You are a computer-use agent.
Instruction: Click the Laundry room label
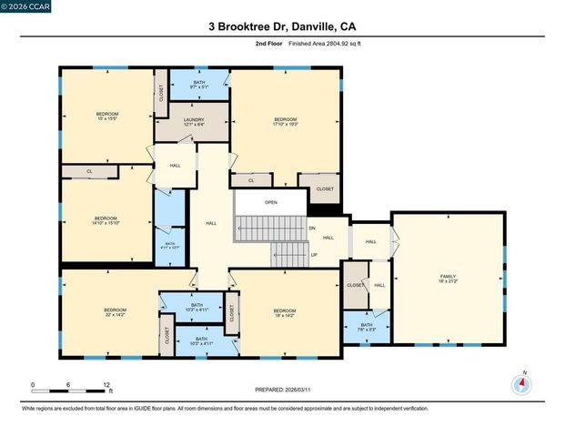pos(193,122)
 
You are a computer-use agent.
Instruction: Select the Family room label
pos(448,279)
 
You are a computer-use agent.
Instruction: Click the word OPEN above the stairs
pos(271,202)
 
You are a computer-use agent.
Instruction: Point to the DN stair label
pos(311,228)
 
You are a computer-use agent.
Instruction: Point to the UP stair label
pos(314,254)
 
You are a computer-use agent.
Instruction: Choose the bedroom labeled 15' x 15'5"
pos(107,117)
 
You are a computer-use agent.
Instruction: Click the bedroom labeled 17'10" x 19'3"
pos(286,122)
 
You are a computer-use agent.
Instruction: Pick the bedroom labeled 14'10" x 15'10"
pos(106,220)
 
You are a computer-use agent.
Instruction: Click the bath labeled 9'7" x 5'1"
pos(199,86)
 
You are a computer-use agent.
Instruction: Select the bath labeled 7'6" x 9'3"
pos(366,327)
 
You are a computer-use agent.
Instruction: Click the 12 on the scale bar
pos(107,384)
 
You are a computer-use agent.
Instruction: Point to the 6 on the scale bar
pos(69,384)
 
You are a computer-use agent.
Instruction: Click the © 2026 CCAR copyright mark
pos(25,8)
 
